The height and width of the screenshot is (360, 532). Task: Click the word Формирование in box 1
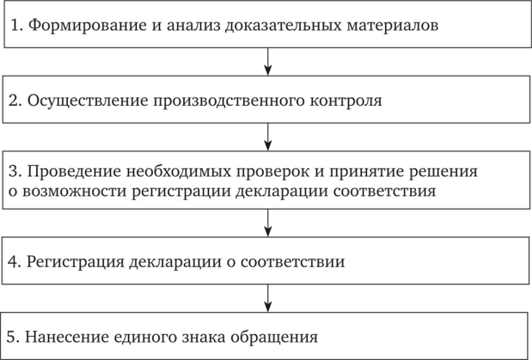tap(87, 26)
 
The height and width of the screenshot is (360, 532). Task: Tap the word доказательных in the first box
tap(284, 26)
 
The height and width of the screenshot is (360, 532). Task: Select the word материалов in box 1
tap(393, 25)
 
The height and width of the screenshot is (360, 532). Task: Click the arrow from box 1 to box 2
tap(268, 61)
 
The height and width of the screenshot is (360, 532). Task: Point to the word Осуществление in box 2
tap(88, 101)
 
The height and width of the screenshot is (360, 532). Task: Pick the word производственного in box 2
tap(229, 101)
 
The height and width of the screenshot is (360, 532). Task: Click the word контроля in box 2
tap(345, 101)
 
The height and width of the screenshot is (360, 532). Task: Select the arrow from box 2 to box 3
tap(268, 137)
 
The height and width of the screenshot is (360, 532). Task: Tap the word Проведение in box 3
tap(74, 172)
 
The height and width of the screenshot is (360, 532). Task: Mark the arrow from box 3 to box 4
tap(268, 223)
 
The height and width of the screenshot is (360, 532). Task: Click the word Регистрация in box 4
tap(76, 262)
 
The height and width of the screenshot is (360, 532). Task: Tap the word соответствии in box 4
tap(293, 261)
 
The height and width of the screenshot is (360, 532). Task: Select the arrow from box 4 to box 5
tap(268, 298)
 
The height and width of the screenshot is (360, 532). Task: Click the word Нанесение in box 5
tap(67, 338)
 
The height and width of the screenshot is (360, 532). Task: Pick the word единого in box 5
tap(145, 338)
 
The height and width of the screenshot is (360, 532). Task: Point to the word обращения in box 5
tap(274, 338)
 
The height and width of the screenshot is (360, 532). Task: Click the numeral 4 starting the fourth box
tap(13, 261)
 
